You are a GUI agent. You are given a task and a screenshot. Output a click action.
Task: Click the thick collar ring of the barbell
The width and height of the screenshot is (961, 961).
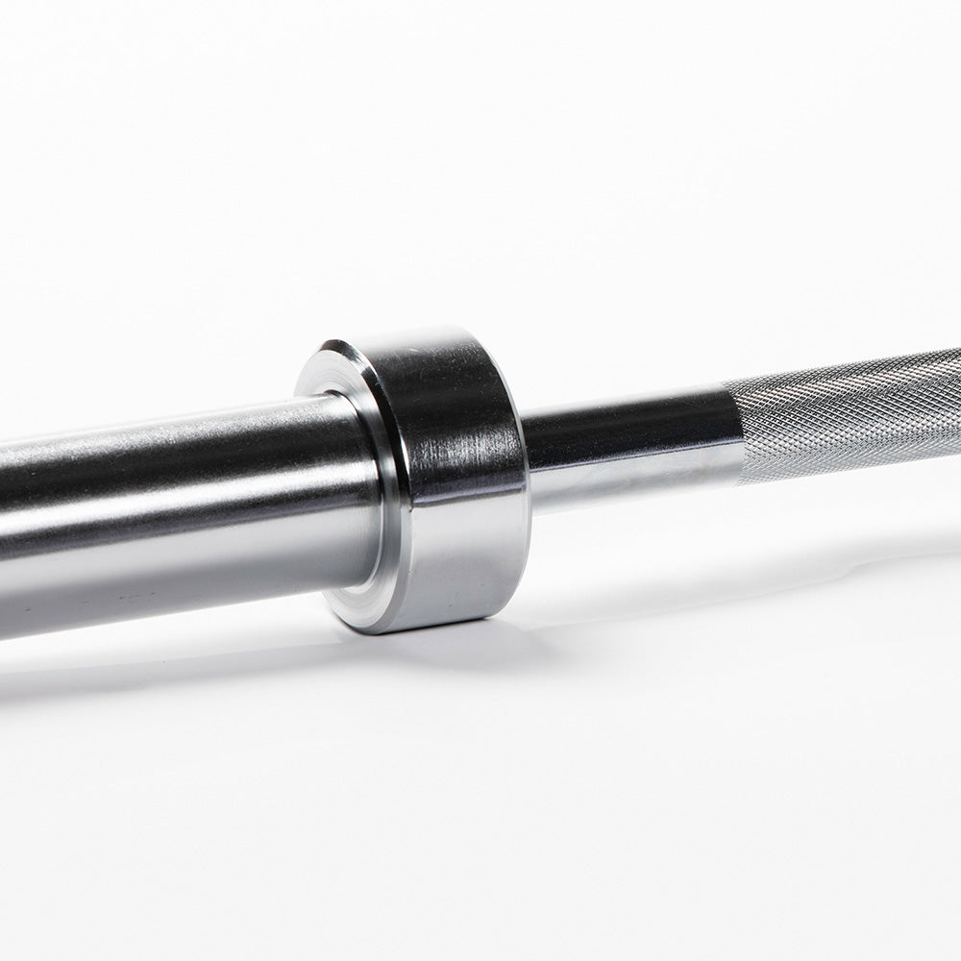[452, 480]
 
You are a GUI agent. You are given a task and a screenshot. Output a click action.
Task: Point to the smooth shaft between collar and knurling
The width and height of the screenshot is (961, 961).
[625, 452]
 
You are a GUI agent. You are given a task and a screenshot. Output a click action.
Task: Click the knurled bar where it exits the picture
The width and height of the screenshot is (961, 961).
[951, 394]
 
